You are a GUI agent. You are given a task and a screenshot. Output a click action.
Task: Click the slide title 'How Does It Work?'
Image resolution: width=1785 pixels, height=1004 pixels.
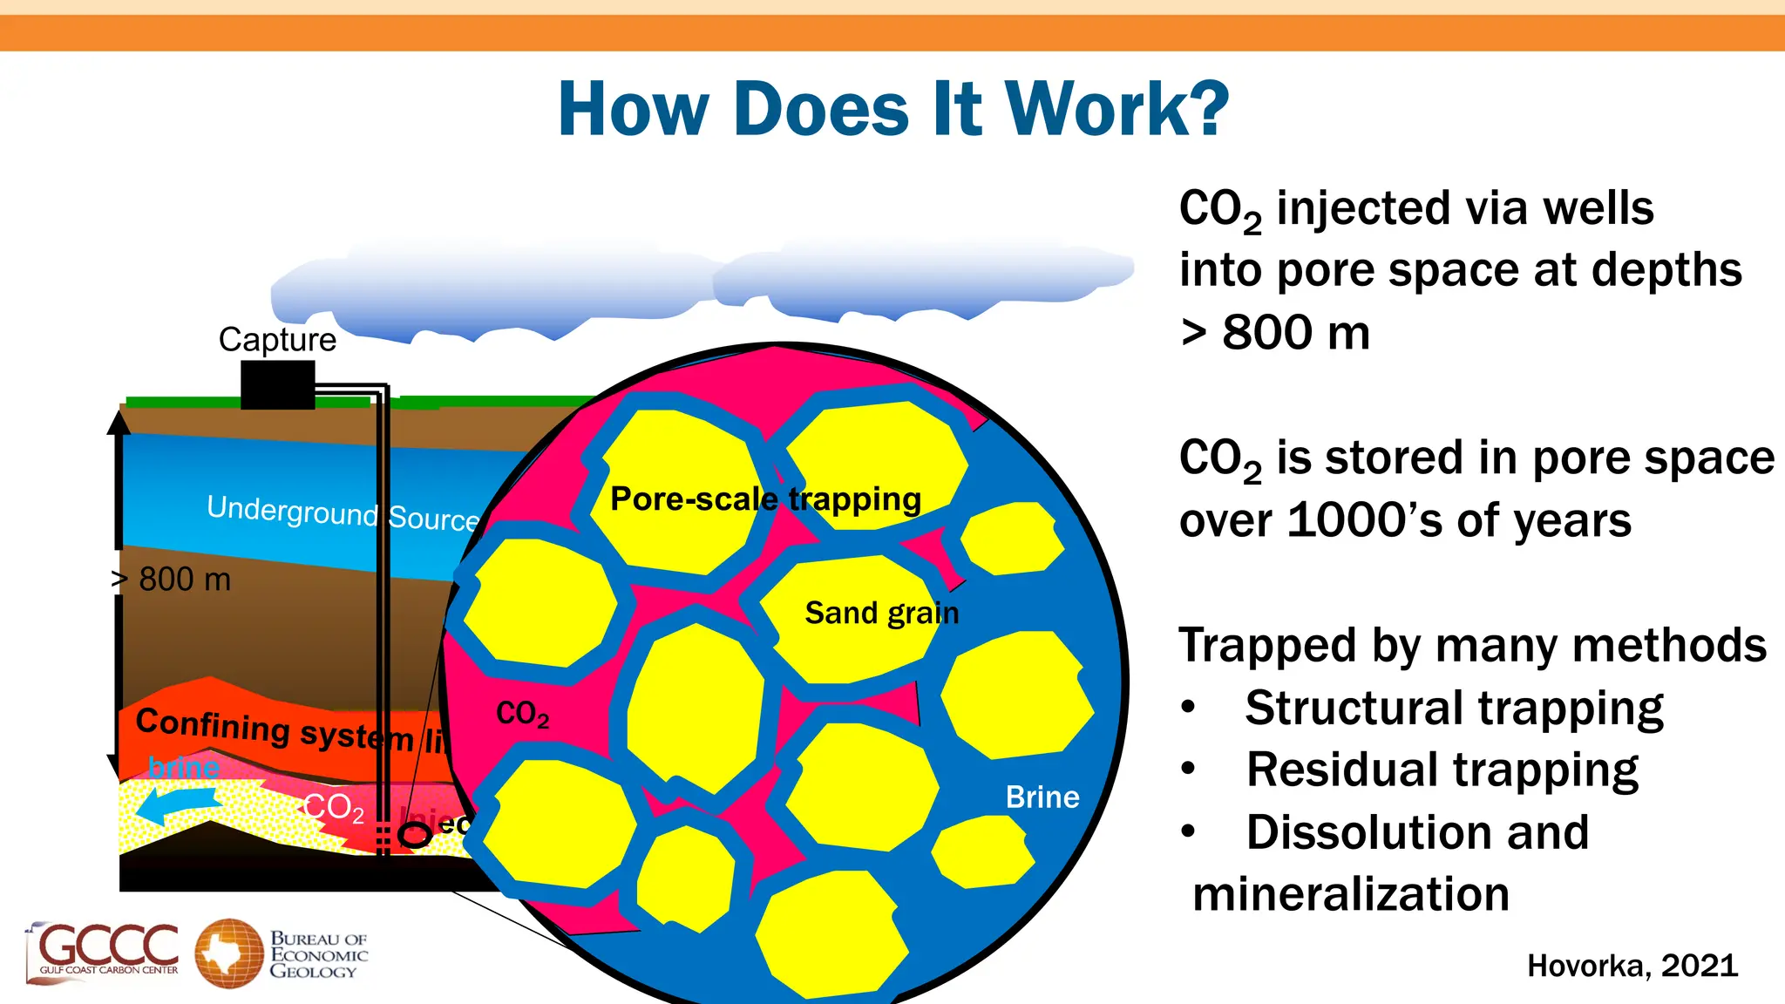point(893,109)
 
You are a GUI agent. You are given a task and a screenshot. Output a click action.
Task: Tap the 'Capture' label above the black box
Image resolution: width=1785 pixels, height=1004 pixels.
point(277,339)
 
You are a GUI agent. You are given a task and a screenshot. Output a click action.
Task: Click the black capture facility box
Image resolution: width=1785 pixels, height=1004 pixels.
point(277,385)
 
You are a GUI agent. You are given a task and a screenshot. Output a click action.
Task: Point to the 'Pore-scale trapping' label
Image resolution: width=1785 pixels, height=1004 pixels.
point(765,499)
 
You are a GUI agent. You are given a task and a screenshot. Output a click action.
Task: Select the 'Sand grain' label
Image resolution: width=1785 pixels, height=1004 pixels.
point(881,613)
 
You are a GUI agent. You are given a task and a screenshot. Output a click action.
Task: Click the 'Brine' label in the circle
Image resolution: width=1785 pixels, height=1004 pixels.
point(1042,797)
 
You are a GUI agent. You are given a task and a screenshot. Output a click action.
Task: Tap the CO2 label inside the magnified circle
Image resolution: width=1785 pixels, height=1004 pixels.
point(522,714)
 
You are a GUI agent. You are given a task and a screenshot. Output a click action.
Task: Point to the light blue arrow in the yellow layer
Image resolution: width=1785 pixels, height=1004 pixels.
point(179,805)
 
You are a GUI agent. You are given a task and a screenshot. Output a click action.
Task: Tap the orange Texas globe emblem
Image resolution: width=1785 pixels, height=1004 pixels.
point(228,953)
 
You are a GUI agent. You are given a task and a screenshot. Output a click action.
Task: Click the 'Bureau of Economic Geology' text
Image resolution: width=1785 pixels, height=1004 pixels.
point(318,955)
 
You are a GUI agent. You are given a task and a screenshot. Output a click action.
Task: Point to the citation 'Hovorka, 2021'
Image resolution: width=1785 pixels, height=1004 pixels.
point(1632,966)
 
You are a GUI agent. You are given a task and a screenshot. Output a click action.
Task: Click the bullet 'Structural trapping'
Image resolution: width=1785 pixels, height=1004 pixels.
point(1454,708)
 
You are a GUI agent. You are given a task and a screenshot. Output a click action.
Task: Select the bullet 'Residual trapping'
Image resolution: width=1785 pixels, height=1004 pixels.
point(1442,770)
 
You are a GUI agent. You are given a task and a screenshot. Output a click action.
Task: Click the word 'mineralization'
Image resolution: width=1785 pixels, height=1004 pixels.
point(1350,894)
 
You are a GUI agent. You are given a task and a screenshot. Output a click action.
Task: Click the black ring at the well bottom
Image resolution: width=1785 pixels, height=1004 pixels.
point(415,835)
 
